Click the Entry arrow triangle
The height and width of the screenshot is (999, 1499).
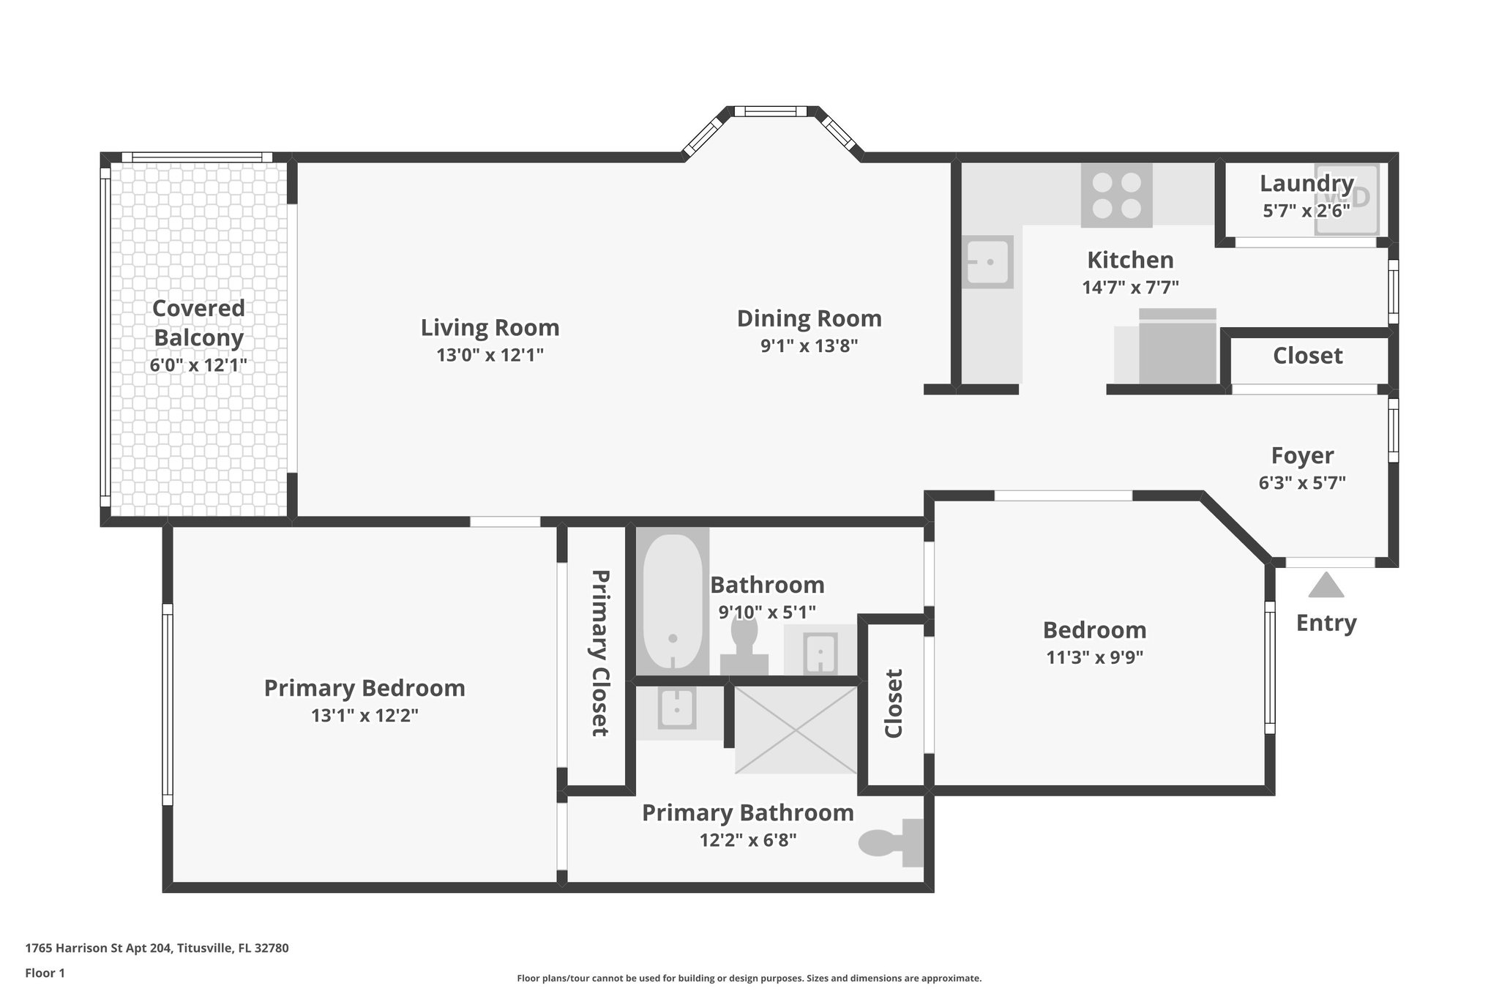(x=1326, y=586)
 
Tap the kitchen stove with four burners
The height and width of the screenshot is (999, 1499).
(x=1116, y=195)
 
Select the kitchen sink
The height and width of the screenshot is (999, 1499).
(x=987, y=262)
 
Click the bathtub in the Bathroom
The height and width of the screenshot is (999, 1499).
(x=673, y=602)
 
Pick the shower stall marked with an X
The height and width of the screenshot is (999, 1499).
(x=796, y=730)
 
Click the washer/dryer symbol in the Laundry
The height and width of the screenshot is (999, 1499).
(x=1347, y=199)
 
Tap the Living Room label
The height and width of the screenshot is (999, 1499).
(x=490, y=327)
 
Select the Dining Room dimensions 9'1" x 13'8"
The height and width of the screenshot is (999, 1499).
(x=809, y=345)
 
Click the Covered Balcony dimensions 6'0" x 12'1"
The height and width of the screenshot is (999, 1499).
(x=198, y=364)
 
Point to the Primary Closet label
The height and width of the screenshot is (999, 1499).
(x=600, y=653)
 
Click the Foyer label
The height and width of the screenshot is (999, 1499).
(x=1302, y=455)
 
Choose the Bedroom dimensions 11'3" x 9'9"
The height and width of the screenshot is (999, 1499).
(x=1094, y=657)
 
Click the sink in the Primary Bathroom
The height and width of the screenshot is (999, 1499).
(x=677, y=708)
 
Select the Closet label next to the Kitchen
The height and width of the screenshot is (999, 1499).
(x=1307, y=356)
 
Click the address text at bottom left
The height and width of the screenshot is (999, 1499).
(x=157, y=948)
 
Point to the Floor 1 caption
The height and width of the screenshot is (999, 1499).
(x=45, y=973)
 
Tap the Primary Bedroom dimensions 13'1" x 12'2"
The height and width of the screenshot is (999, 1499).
(x=365, y=716)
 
